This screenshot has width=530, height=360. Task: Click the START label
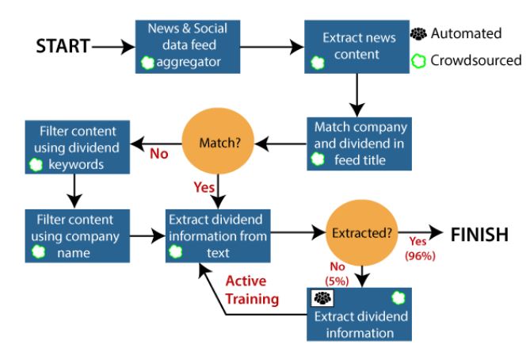(x=63, y=46)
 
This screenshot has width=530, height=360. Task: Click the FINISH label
(x=479, y=235)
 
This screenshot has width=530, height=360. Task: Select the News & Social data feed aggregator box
(x=188, y=47)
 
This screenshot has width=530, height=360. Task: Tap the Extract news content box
(x=357, y=47)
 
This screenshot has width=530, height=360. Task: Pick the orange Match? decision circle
(x=218, y=141)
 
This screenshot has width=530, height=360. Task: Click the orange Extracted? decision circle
(x=362, y=233)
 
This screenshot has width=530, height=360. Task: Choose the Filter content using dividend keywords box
(x=78, y=147)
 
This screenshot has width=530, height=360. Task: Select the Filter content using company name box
(x=78, y=236)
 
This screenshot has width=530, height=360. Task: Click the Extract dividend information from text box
(x=218, y=236)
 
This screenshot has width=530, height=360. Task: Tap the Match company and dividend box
(x=360, y=144)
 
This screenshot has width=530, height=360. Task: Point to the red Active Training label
(x=252, y=290)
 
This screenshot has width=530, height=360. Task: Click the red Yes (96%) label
(x=420, y=249)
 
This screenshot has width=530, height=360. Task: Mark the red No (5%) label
(x=337, y=274)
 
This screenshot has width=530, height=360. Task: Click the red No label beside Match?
(x=159, y=154)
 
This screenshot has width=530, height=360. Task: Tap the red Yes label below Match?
(x=204, y=187)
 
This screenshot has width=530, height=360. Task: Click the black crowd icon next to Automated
(x=418, y=34)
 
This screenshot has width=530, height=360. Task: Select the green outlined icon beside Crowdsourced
(x=418, y=61)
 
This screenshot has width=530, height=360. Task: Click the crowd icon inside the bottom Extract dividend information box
(x=322, y=297)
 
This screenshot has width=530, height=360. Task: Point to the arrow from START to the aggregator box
(x=113, y=47)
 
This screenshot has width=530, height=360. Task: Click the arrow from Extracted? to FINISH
(x=421, y=232)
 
